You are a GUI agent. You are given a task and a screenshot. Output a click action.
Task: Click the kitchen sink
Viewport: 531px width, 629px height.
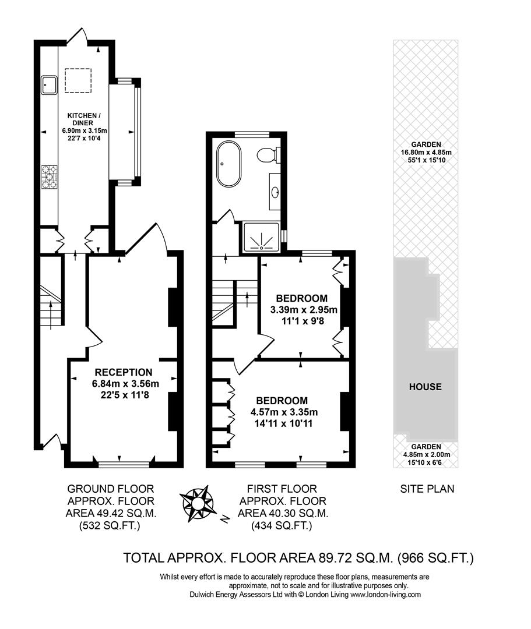pos(50,84)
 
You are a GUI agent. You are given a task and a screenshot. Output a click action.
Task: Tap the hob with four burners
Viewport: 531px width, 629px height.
pos(49,177)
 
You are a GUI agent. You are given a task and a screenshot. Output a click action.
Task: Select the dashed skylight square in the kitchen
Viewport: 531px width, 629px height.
pos(78,80)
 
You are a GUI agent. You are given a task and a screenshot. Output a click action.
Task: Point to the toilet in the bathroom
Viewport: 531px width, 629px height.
pos(268,155)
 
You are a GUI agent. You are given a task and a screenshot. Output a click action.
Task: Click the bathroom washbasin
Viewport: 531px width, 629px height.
pos(275,192)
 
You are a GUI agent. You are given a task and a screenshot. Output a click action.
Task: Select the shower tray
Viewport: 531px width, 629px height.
pos(261,238)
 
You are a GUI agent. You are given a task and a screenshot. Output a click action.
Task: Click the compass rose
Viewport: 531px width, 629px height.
pos(196,503)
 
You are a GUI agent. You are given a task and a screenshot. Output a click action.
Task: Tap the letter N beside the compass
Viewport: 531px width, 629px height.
pos(225,519)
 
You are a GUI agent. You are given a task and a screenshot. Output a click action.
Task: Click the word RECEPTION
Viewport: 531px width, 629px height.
pos(124,372)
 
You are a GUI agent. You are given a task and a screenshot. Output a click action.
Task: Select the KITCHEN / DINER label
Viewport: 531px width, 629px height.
pos(84,119)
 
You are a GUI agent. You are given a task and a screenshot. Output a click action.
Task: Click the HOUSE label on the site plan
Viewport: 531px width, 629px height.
pos(425,387)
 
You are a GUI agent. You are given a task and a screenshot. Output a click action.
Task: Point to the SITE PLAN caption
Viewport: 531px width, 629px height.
pos(427,489)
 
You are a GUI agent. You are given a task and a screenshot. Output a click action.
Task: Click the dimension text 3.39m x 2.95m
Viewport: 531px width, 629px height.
pos(304,310)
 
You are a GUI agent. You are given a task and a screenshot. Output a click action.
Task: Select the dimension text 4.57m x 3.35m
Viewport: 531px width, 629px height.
pos(284,412)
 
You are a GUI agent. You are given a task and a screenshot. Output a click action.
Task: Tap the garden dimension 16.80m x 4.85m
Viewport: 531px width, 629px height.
pos(426,153)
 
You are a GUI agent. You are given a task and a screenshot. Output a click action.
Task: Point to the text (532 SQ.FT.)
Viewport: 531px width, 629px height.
pos(110,525)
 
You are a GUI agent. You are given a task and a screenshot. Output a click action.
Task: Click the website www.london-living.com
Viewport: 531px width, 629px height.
pos(385,595)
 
